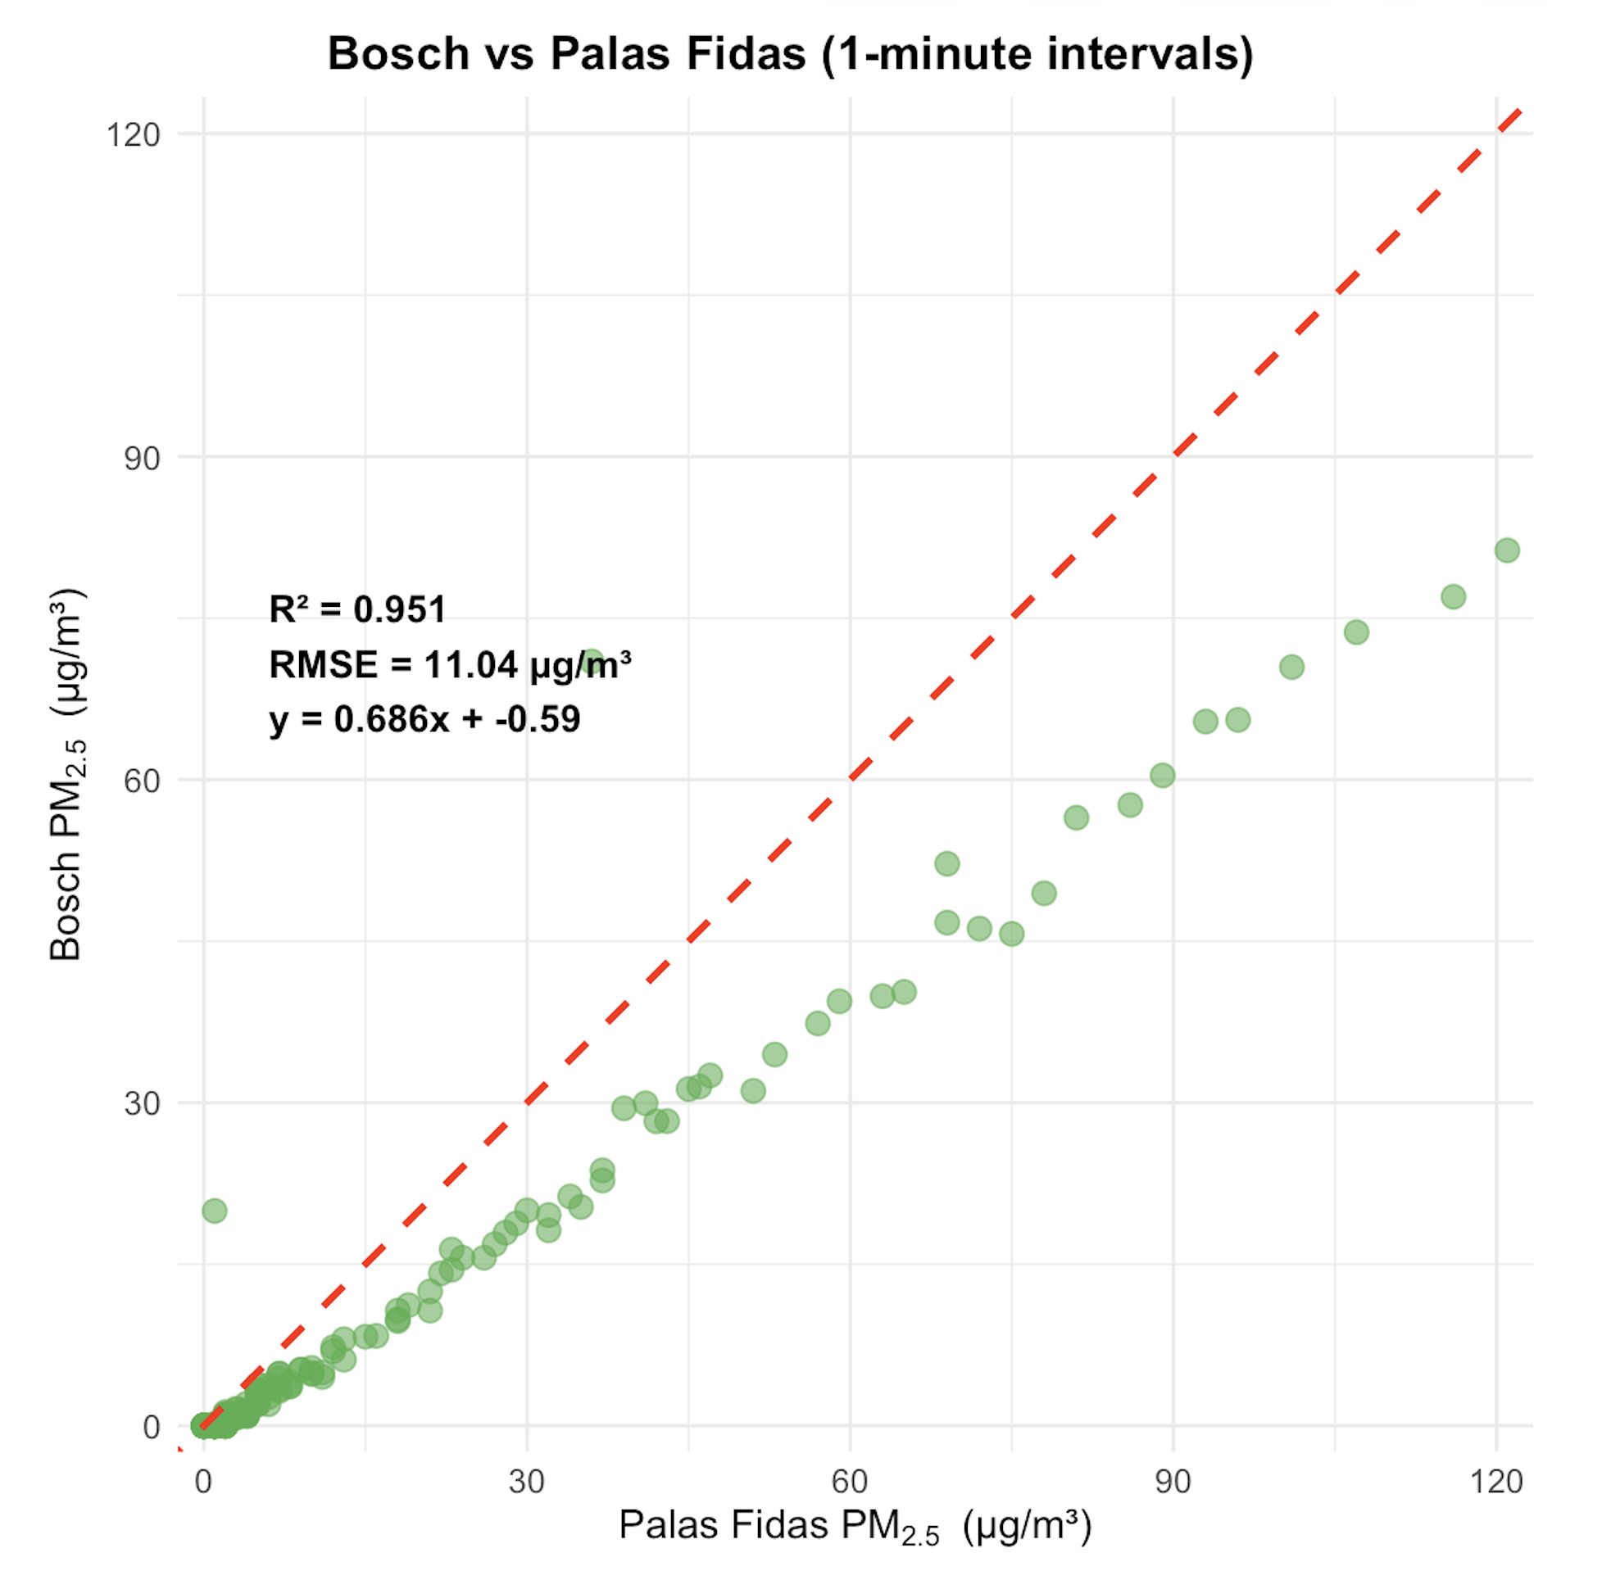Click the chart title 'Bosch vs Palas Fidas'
(x=790, y=54)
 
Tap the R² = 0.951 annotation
(x=357, y=609)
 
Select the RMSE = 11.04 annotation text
(x=450, y=664)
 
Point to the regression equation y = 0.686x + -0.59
(x=425, y=718)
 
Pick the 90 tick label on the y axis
(x=142, y=458)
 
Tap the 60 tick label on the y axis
(x=142, y=781)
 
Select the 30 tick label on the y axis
(x=142, y=1103)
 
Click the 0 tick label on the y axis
(x=151, y=1427)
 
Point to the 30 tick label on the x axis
(x=527, y=1482)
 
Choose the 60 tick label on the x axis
(x=849, y=1482)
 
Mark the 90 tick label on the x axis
(x=1173, y=1482)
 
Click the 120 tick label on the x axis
(x=1495, y=1482)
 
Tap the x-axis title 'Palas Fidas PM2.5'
(x=855, y=1527)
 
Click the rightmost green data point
(x=1507, y=550)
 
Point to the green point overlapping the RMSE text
(x=592, y=662)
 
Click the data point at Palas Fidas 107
(x=1356, y=633)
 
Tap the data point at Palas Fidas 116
(x=1454, y=596)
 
